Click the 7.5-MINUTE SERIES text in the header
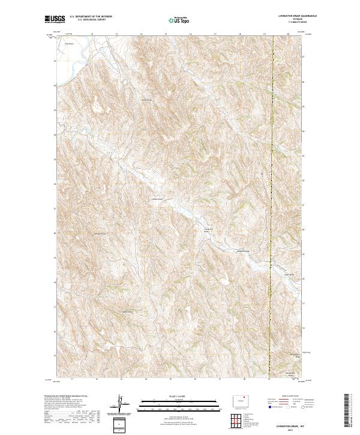[x=295, y=23]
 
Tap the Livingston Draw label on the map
[x=209, y=230]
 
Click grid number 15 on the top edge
[x=166, y=34]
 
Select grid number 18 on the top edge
[x=239, y=34]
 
